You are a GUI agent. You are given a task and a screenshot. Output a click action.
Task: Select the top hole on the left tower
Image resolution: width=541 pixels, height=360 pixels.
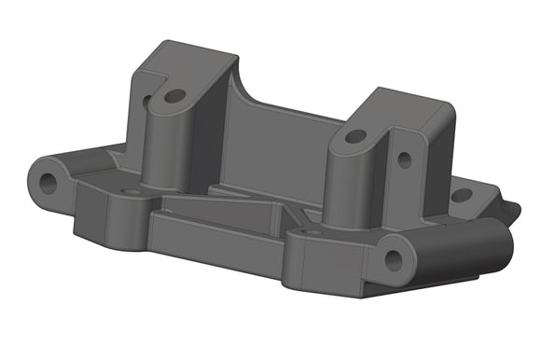(173, 95)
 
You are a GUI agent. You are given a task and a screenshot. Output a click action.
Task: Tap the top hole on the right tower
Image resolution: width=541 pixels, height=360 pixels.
(355, 136)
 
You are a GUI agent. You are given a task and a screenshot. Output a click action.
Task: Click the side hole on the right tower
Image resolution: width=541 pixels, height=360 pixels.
(404, 159)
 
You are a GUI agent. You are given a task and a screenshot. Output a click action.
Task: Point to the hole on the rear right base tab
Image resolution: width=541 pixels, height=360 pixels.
(461, 195)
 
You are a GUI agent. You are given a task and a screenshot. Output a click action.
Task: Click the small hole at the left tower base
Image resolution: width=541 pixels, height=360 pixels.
(132, 191)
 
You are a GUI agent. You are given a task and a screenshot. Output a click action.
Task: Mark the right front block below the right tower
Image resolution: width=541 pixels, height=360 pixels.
(326, 266)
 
